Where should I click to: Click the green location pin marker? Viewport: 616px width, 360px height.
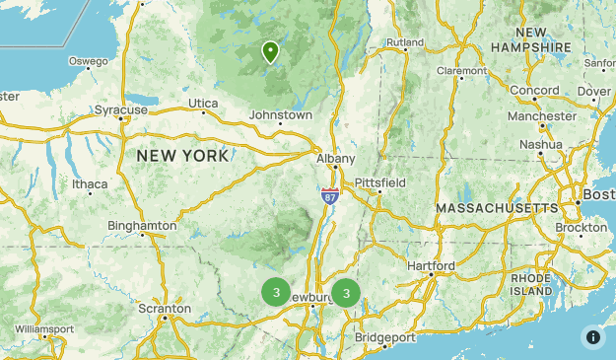pyautogui.click(x=269, y=50)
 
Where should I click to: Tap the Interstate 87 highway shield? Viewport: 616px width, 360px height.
pyautogui.click(x=329, y=196)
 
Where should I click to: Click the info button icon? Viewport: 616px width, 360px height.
pyautogui.click(x=593, y=336)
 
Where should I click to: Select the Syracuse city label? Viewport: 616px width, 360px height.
pyautogui.click(x=120, y=109)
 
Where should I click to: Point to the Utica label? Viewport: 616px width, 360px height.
pyautogui.click(x=203, y=103)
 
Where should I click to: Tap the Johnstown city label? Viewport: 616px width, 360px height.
pyautogui.click(x=280, y=115)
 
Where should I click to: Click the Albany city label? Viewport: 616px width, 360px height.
pyautogui.click(x=335, y=158)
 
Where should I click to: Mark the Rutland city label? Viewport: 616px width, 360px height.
pyautogui.click(x=404, y=42)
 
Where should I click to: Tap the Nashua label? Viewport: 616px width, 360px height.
pyautogui.click(x=542, y=144)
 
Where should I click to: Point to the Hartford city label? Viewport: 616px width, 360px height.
pyautogui.click(x=431, y=266)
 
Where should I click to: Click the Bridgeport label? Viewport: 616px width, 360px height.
pyautogui.click(x=384, y=337)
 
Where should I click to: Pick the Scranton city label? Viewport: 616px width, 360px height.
pyautogui.click(x=165, y=309)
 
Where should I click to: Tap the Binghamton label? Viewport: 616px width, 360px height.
pyautogui.click(x=144, y=226)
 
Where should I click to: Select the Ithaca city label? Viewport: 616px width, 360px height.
pyautogui.click(x=90, y=183)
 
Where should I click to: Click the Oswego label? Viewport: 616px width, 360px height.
pyautogui.click(x=88, y=61)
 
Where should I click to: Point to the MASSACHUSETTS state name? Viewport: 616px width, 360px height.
pyautogui.click(x=497, y=209)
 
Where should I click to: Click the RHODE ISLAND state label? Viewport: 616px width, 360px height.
pyautogui.click(x=531, y=285)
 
